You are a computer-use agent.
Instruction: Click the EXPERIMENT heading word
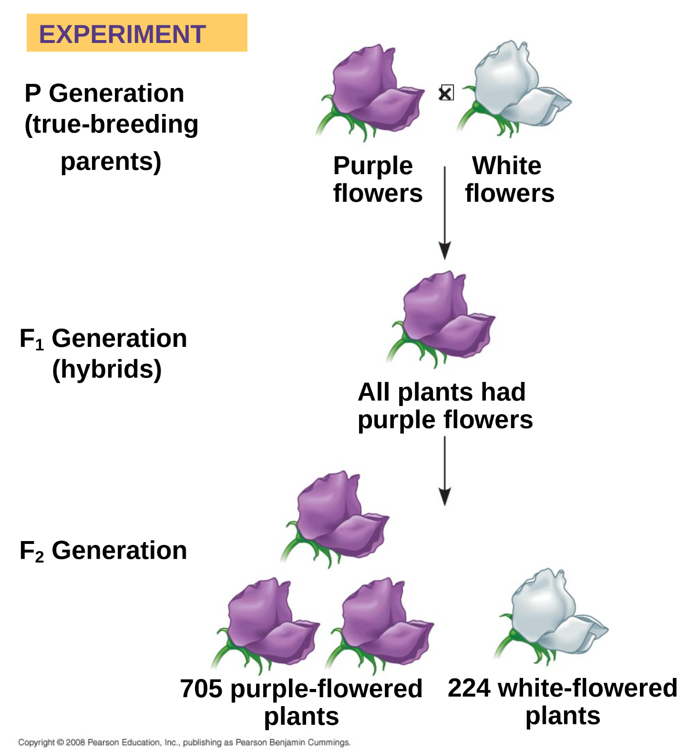coord(122,34)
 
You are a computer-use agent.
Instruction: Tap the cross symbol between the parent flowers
coord(446,93)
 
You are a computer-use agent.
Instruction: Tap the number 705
coord(201,688)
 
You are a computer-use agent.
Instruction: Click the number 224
coord(469,688)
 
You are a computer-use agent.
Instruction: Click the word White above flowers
coord(507,166)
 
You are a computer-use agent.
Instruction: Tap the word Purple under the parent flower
coord(373,166)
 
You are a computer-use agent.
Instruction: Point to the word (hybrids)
coord(107,369)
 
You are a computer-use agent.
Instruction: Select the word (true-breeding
coord(111,124)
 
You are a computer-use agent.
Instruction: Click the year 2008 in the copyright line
coord(75,742)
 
